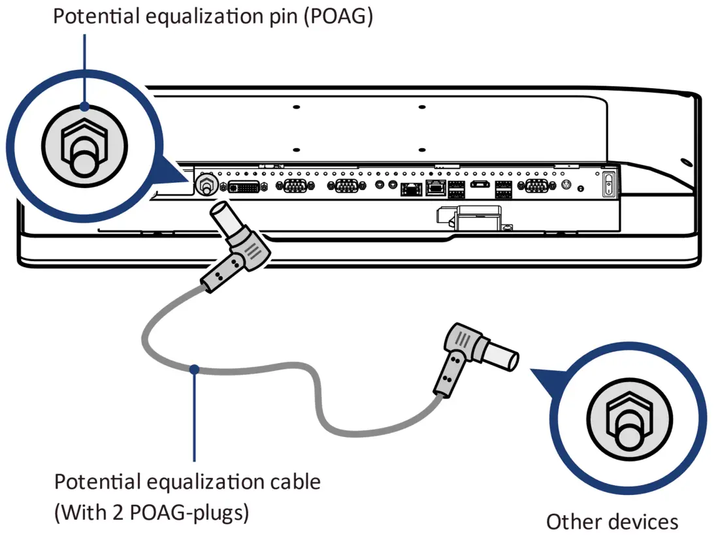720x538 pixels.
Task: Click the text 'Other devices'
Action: click(612, 522)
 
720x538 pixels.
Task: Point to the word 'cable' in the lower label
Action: click(295, 483)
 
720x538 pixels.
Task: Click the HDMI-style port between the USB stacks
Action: click(480, 186)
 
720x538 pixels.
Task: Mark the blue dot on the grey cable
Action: click(194, 369)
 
